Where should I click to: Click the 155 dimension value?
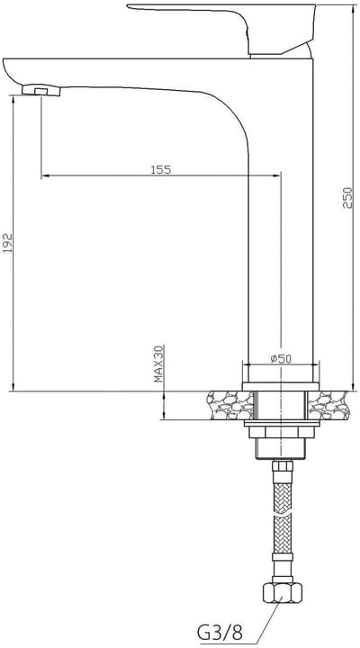tap(161, 169)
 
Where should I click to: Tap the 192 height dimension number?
tap(8, 243)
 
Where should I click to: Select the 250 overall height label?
tap(348, 197)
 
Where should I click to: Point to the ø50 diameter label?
tap(281, 359)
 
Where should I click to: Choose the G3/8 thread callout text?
tap(220, 632)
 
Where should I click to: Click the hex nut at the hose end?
tap(282, 592)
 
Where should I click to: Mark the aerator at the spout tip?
tap(40, 90)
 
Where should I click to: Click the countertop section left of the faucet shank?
tap(230, 405)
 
